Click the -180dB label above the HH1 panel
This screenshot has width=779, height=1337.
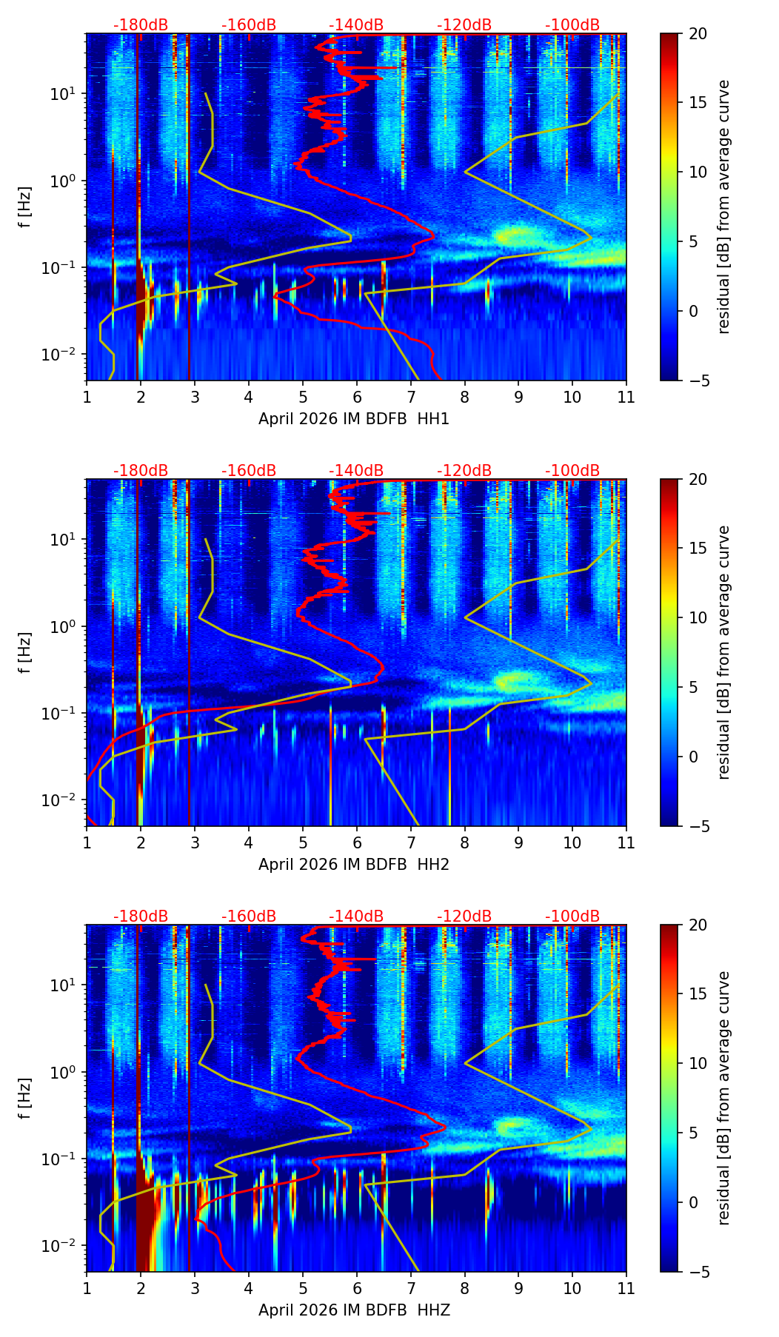pos(141,25)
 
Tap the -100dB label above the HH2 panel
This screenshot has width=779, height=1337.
pos(572,471)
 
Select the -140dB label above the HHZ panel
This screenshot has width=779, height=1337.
pos(356,917)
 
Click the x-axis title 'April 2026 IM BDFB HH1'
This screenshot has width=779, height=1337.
pos(354,419)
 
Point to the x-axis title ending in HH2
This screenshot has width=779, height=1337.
pos(354,865)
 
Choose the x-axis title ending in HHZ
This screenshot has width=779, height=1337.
pos(354,1310)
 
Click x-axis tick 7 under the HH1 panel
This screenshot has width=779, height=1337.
pos(411,397)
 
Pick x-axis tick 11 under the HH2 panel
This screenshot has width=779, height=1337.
pos(626,842)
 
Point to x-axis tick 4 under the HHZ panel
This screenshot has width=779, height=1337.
pos(249,1288)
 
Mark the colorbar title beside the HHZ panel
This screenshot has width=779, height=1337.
pos(724,1098)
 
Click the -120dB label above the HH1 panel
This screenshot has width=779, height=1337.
pos(464,25)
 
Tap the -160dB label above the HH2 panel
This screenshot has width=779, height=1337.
pos(249,471)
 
